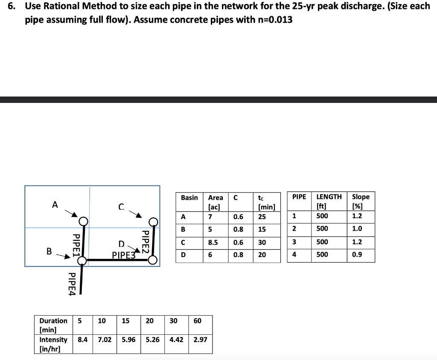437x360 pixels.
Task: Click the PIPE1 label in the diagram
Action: [x=76, y=244]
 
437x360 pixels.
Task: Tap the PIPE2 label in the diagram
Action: [x=145, y=242]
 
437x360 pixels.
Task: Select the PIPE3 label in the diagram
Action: [x=123, y=255]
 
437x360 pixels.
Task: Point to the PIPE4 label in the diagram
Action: [x=72, y=284]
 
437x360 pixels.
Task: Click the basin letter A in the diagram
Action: [x=55, y=205]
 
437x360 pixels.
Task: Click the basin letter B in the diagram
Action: [x=49, y=252]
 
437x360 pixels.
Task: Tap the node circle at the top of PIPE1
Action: [x=83, y=221]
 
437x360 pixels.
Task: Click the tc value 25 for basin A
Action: [x=262, y=217]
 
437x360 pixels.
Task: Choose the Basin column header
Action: [x=189, y=197]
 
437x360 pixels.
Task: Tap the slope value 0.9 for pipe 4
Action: [x=357, y=255]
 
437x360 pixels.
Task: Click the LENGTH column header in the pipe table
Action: [x=329, y=197]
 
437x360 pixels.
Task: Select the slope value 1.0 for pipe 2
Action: [x=357, y=228]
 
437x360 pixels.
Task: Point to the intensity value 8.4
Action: [x=83, y=340]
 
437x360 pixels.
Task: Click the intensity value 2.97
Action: [x=200, y=340]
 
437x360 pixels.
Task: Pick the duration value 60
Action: [x=198, y=321]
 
